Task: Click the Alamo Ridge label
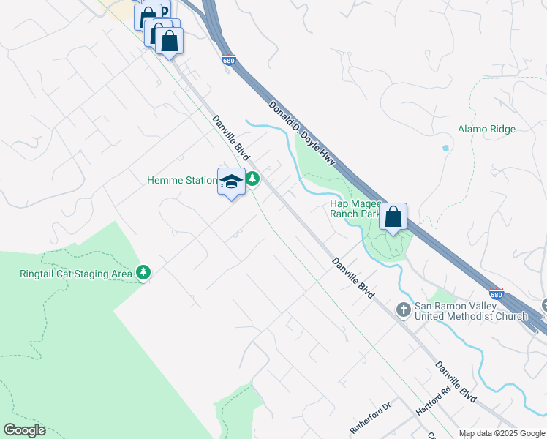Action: [486, 130]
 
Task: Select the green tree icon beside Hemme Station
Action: [252, 179]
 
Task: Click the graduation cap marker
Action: [231, 182]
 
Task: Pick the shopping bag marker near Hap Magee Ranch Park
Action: [393, 217]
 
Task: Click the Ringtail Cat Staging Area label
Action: [75, 274]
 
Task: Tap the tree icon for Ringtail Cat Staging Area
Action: [143, 274]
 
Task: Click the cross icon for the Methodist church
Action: [403, 310]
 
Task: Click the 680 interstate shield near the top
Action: [229, 61]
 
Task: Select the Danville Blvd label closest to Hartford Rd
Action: [455, 381]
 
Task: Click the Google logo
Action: [24, 430]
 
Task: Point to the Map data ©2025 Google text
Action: [502, 433]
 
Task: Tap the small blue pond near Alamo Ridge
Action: [445, 148]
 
